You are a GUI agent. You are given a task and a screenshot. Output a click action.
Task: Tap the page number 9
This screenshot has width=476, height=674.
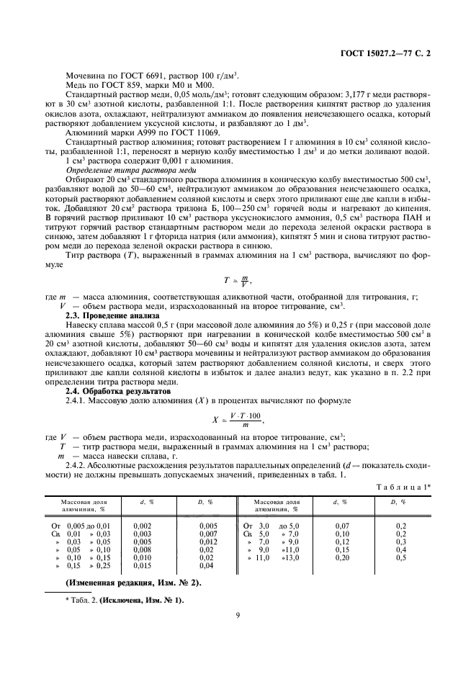(x=238, y=614)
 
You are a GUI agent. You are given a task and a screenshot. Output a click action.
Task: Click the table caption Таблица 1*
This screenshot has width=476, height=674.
(x=404, y=486)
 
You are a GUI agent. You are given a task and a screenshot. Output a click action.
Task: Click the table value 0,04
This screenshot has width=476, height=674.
(x=208, y=565)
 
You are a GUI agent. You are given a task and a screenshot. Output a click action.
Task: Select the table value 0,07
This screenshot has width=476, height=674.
(x=342, y=525)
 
